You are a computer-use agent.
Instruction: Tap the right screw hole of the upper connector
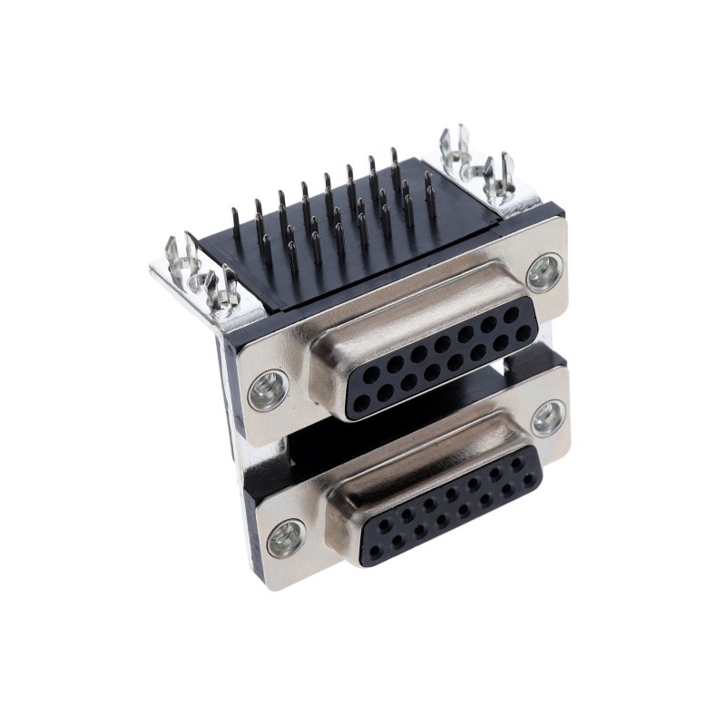[x=544, y=271]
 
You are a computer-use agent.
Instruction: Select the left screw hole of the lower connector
[x=286, y=538]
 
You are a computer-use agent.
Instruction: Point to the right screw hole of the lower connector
[x=547, y=418]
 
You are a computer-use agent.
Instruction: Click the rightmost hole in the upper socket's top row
[x=513, y=313]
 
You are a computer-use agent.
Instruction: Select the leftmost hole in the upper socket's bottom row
[x=361, y=404]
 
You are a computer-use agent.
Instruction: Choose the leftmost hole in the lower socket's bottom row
[x=375, y=550]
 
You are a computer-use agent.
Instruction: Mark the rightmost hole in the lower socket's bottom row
[x=528, y=478]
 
